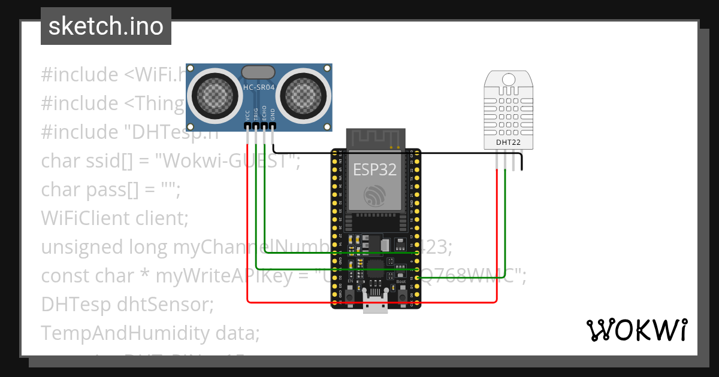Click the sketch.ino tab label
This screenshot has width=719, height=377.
[105, 26]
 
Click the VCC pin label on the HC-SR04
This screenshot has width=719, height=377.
[248, 115]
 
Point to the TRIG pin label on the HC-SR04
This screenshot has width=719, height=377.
[256, 115]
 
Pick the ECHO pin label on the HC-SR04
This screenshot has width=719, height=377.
[264, 115]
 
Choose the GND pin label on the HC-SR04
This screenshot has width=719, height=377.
[273, 115]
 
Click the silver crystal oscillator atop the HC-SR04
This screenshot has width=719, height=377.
[259, 72]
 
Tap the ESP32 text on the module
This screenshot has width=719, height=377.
[374, 169]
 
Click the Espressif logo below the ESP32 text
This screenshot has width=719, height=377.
[375, 195]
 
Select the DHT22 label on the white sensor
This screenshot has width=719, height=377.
[508, 142]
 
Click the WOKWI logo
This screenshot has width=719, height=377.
[636, 330]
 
